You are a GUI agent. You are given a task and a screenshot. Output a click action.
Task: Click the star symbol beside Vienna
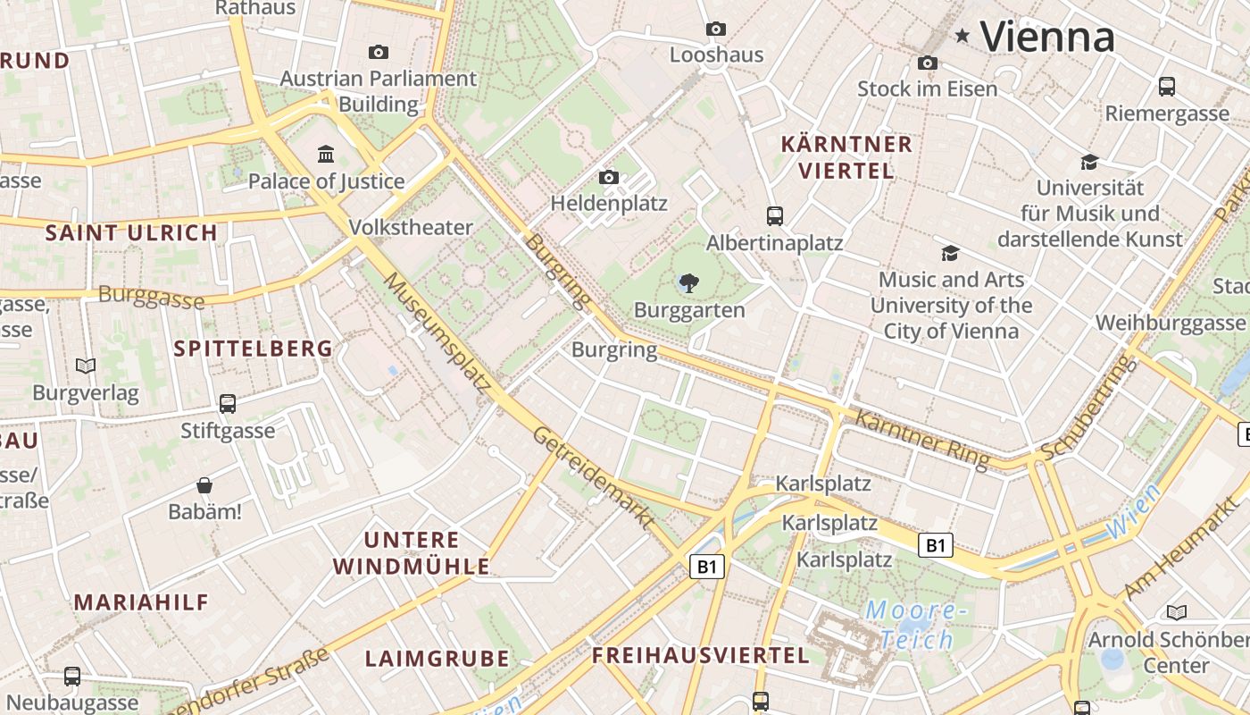tap(962, 36)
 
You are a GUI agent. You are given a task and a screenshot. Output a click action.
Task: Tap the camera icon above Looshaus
tap(715, 29)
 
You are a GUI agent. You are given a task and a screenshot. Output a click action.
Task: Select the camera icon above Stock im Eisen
tap(928, 63)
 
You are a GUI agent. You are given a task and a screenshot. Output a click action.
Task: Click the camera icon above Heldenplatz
tap(609, 178)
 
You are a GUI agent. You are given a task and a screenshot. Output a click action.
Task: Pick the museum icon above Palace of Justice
tap(326, 155)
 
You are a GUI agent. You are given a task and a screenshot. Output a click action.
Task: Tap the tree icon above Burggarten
tap(688, 284)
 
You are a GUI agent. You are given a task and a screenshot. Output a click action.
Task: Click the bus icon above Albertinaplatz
tap(775, 216)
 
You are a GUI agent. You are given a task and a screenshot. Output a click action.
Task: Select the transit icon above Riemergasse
tap(1167, 87)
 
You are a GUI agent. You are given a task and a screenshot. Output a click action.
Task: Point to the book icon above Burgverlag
tap(86, 366)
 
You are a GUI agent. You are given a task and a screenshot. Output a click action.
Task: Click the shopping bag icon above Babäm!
tap(204, 485)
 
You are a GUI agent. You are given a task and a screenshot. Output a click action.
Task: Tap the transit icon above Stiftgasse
tap(228, 403)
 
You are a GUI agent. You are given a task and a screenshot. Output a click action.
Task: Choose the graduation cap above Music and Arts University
tap(950, 253)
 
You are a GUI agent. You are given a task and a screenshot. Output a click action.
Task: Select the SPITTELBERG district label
tap(253, 349)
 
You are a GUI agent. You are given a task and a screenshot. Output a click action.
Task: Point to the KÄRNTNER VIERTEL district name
tap(846, 156)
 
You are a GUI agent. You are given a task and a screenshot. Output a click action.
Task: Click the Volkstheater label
tap(411, 227)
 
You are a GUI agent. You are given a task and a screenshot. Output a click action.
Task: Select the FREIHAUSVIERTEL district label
tap(701, 655)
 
